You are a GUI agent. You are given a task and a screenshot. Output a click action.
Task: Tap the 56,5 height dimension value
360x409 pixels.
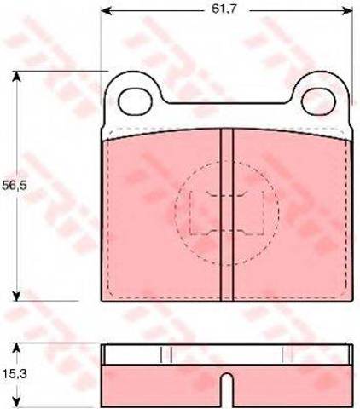pyautogui.click(x=15, y=186)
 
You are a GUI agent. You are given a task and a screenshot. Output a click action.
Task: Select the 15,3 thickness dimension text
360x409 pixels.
pyautogui.click(x=15, y=374)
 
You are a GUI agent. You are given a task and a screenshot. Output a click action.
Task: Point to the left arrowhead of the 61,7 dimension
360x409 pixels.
pyautogui.click(x=106, y=11)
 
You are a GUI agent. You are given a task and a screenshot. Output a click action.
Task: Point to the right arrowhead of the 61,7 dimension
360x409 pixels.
pyautogui.click(x=348, y=11)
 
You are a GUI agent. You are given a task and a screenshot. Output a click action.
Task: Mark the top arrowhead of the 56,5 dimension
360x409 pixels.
pyautogui.click(x=17, y=76)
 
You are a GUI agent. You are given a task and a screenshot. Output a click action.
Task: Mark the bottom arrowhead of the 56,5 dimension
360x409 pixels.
pyautogui.click(x=17, y=296)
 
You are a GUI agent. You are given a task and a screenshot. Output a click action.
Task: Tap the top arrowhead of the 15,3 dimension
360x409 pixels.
pyautogui.click(x=17, y=348)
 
